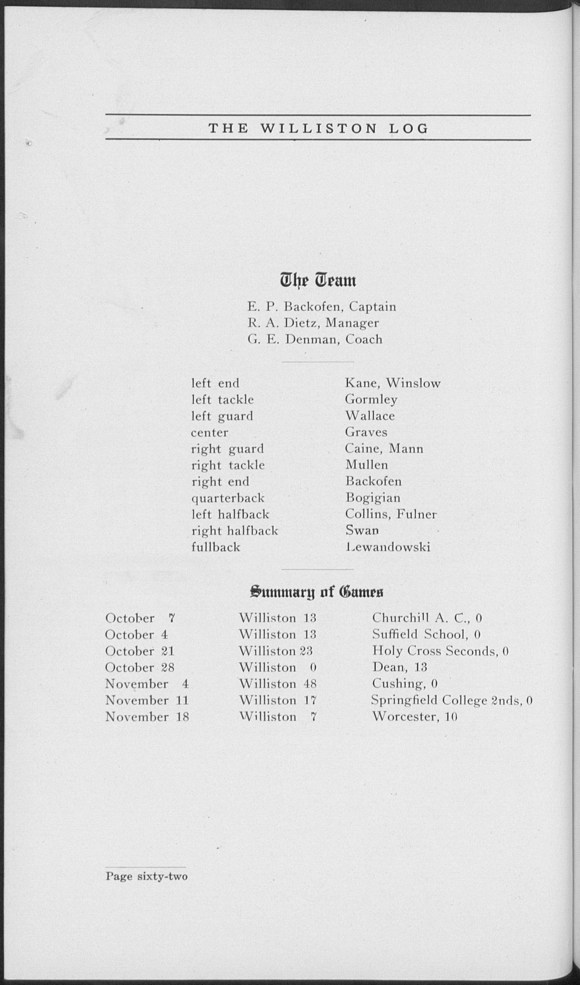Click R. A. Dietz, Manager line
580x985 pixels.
coord(313,323)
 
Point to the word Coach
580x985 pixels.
coord(364,339)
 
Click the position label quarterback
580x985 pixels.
coord(228,498)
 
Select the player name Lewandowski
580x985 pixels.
coord(388,547)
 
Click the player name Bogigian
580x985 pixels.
coord(373,498)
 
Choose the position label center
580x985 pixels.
coord(210,432)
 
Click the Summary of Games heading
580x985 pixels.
coord(317,592)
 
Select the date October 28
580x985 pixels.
coord(140,667)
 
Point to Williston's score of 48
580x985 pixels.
coord(310,684)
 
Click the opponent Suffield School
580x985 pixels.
coord(426,634)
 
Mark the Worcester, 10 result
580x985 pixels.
coord(415,717)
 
